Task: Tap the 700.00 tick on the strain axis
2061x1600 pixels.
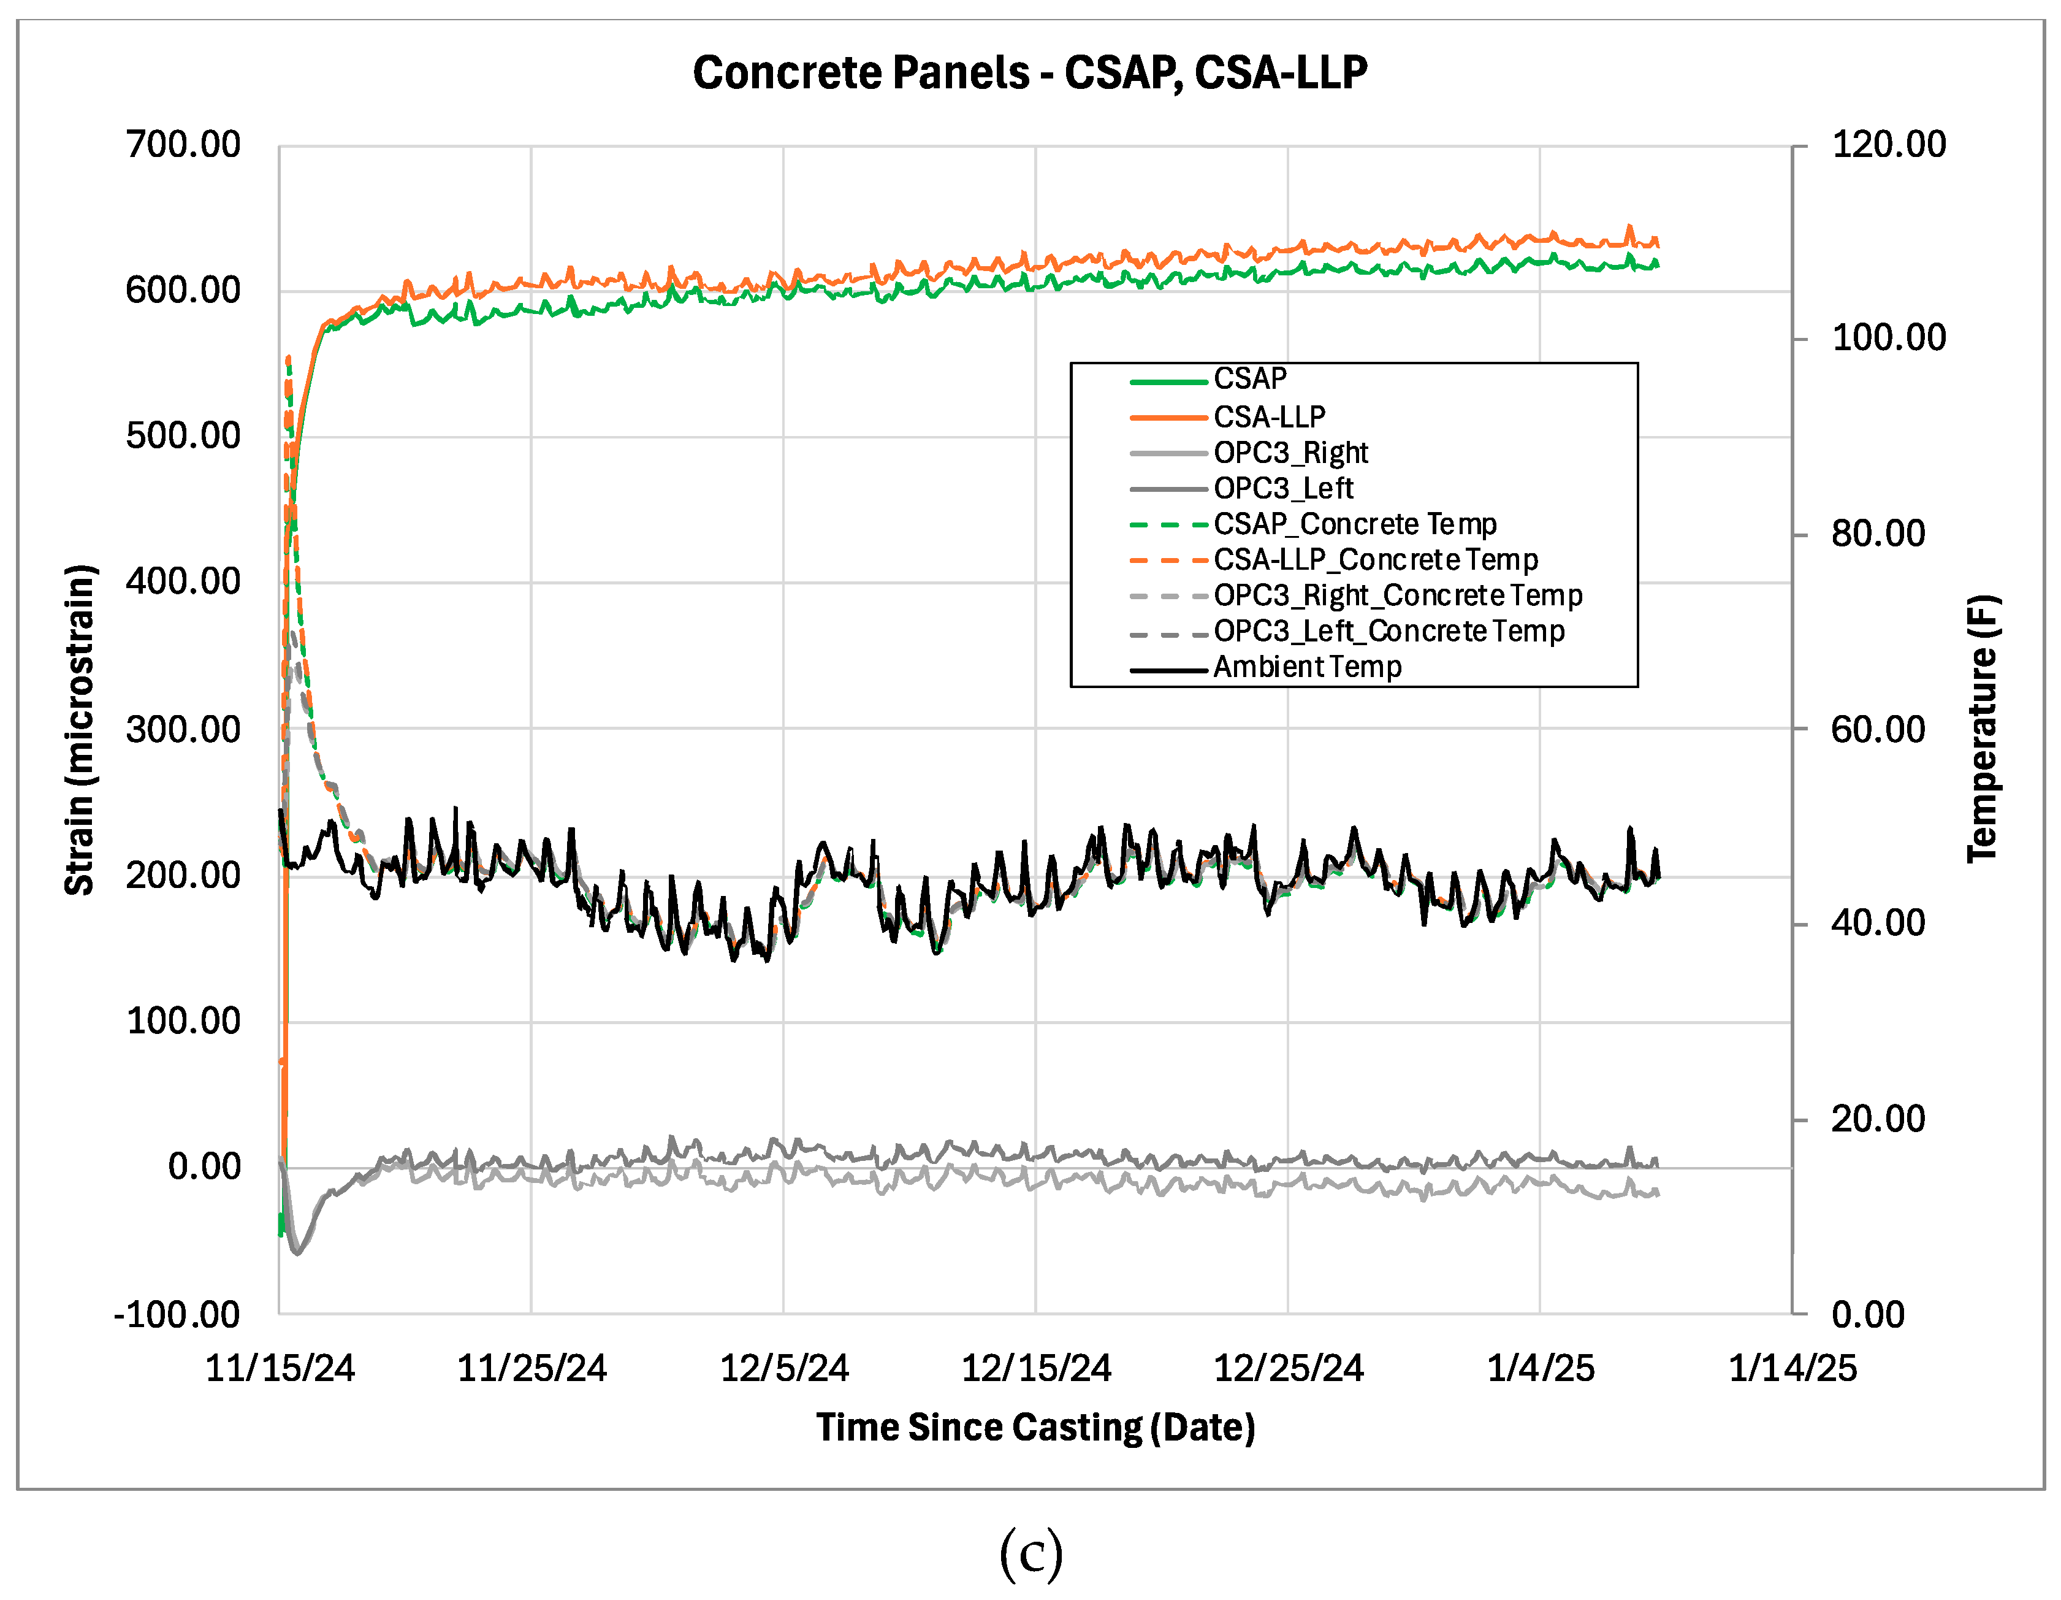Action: (183, 145)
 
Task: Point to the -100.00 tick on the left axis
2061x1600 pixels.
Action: (177, 1314)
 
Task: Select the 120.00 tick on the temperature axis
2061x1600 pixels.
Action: (1888, 145)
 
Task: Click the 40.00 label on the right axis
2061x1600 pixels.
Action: (1878, 922)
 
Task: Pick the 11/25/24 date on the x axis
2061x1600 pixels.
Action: (531, 1368)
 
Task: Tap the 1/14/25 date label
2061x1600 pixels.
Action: (1792, 1368)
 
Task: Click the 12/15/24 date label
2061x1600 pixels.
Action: (1035, 1368)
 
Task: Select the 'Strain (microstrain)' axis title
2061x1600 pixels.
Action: (80, 730)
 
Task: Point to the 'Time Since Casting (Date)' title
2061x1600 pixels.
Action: (1035, 1427)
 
